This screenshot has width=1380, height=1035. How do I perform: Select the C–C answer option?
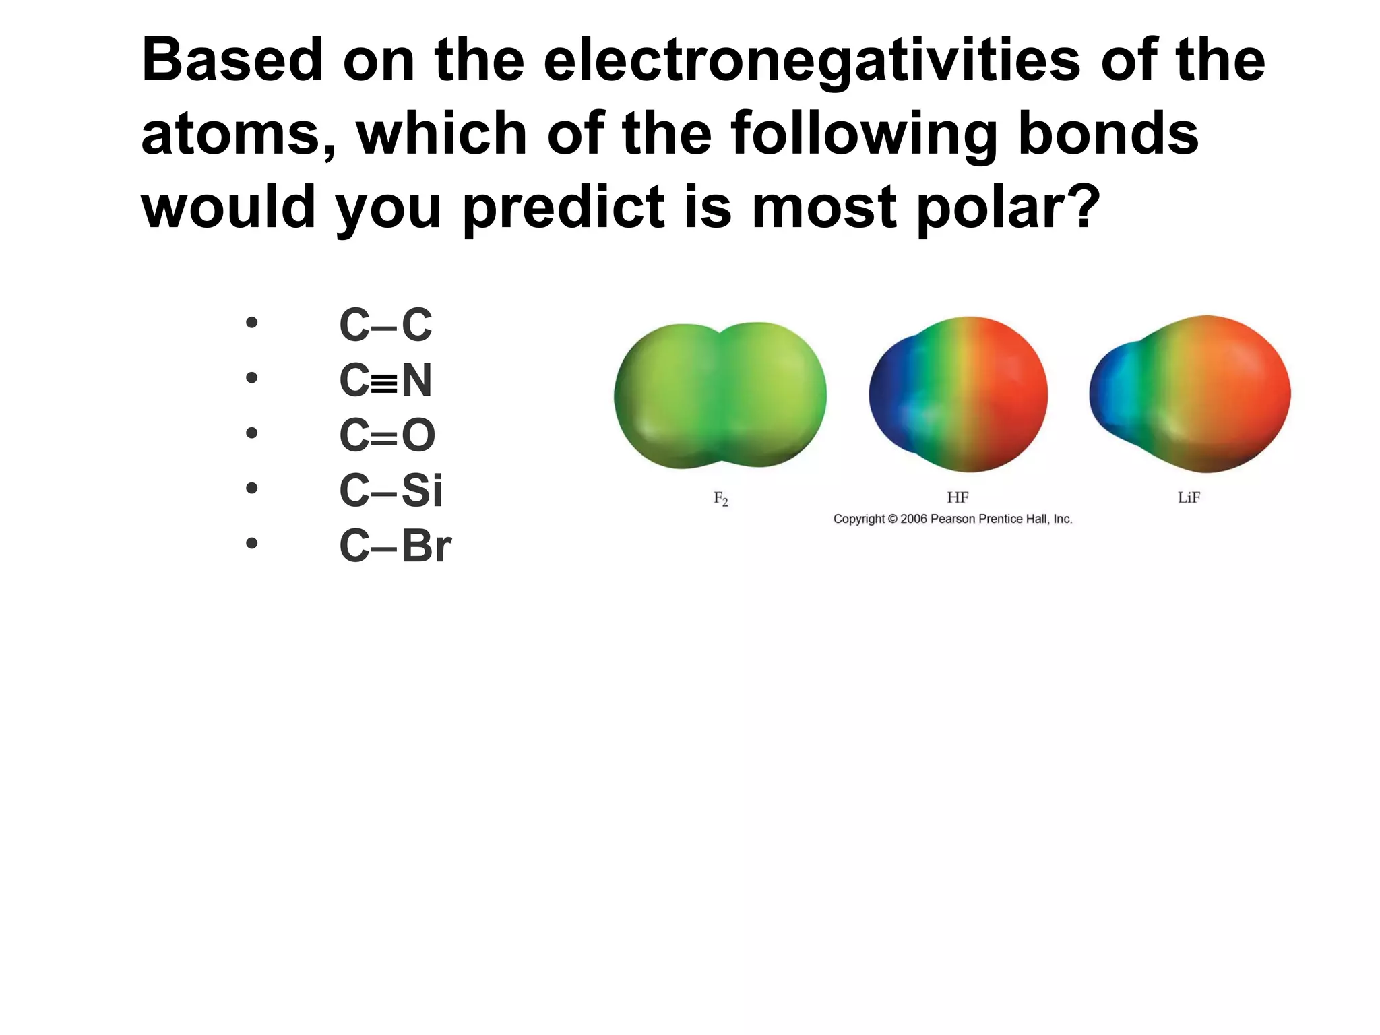(385, 325)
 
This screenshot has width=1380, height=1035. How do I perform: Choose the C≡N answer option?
(385, 380)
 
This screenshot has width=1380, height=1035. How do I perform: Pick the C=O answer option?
(387, 435)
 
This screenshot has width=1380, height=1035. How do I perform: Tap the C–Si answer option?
(391, 491)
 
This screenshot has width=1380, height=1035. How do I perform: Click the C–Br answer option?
(395, 546)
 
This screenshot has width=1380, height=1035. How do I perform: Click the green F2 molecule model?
(720, 395)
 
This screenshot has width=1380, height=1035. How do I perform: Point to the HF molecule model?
(958, 395)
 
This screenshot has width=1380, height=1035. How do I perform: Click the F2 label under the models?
(720, 499)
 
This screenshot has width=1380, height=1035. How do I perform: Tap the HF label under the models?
(958, 497)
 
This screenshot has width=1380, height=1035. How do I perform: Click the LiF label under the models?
(1189, 497)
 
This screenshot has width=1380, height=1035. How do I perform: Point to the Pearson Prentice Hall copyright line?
(952, 519)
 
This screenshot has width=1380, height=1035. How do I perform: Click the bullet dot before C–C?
(251, 323)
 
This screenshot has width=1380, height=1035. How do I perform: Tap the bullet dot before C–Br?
(251, 543)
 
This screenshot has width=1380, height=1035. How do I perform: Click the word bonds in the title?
(1108, 133)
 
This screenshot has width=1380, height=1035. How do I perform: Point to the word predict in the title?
(563, 208)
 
